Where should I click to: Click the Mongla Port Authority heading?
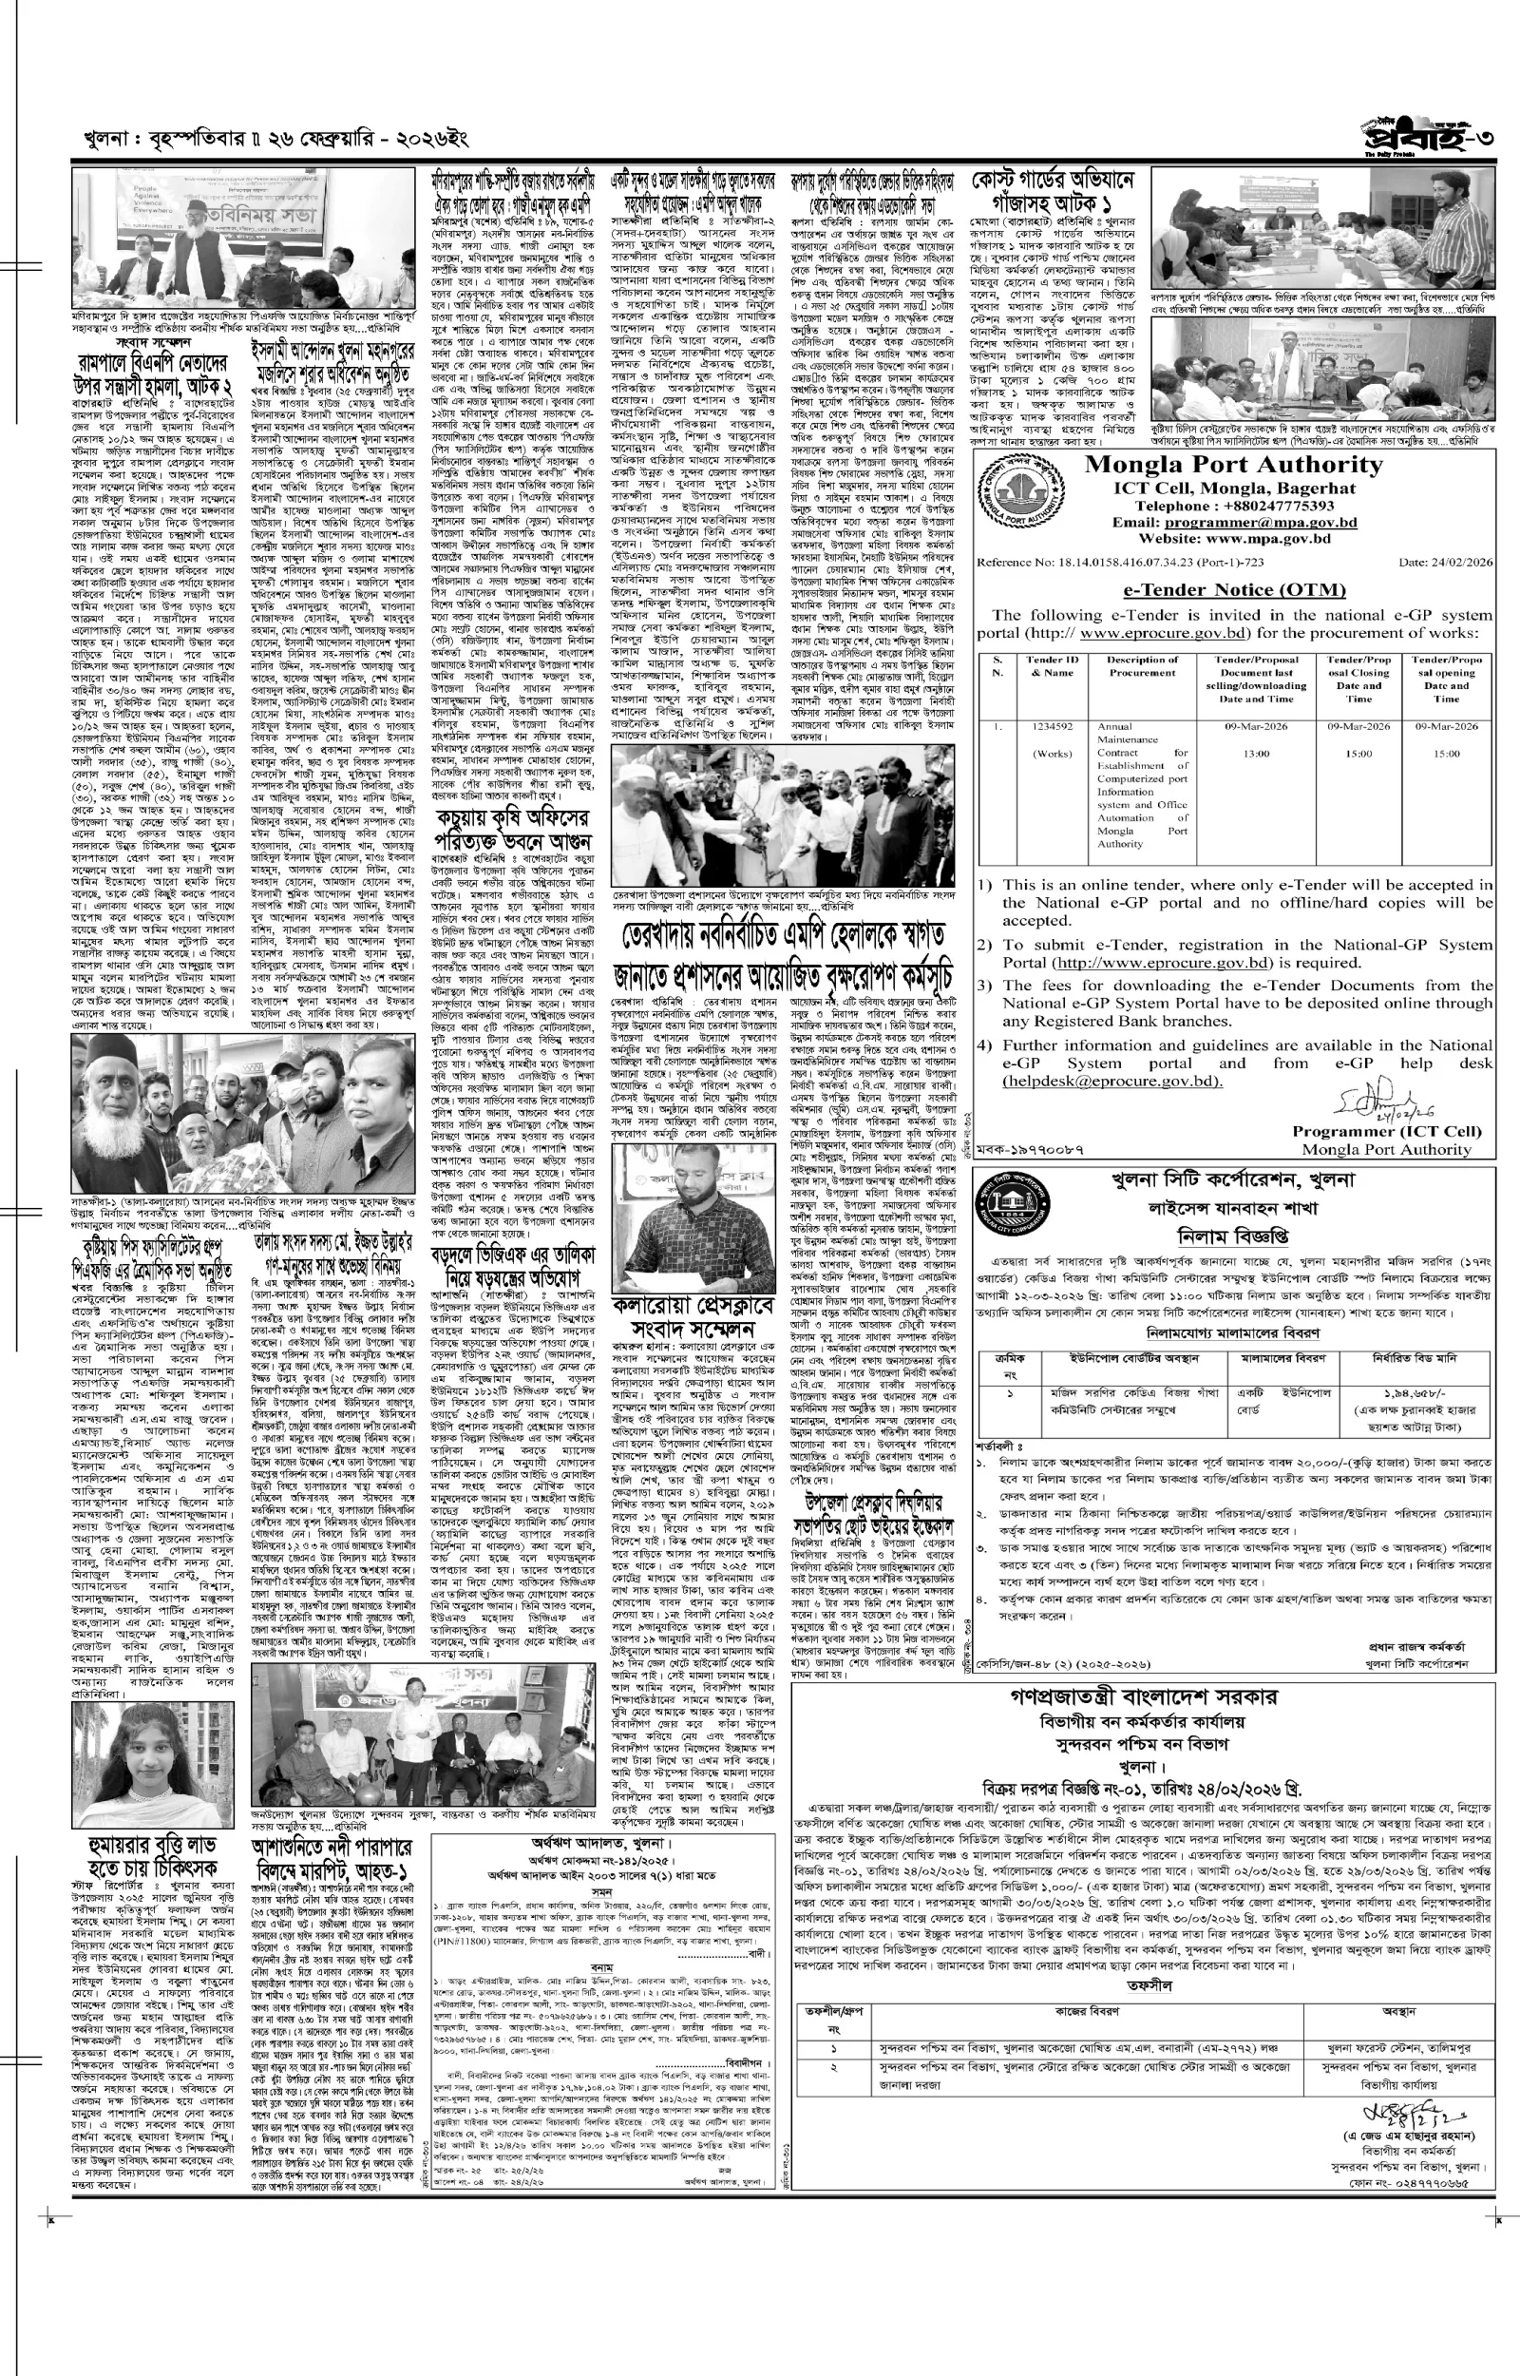click(1234, 466)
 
